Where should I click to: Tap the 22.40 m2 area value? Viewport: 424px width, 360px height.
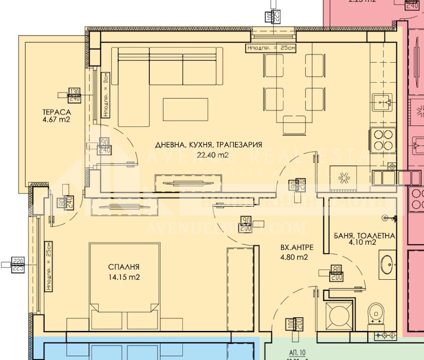212,155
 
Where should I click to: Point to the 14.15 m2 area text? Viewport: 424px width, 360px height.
124,277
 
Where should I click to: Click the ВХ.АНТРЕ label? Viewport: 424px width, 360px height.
294,247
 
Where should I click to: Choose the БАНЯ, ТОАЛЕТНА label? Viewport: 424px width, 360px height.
365,236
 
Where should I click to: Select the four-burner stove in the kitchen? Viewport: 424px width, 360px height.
383,140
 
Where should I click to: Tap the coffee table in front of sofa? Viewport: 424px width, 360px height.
186,109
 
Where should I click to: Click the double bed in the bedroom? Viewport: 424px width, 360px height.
121,286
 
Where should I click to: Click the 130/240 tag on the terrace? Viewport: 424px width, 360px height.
74,95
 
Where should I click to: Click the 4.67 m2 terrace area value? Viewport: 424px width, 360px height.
56,120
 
